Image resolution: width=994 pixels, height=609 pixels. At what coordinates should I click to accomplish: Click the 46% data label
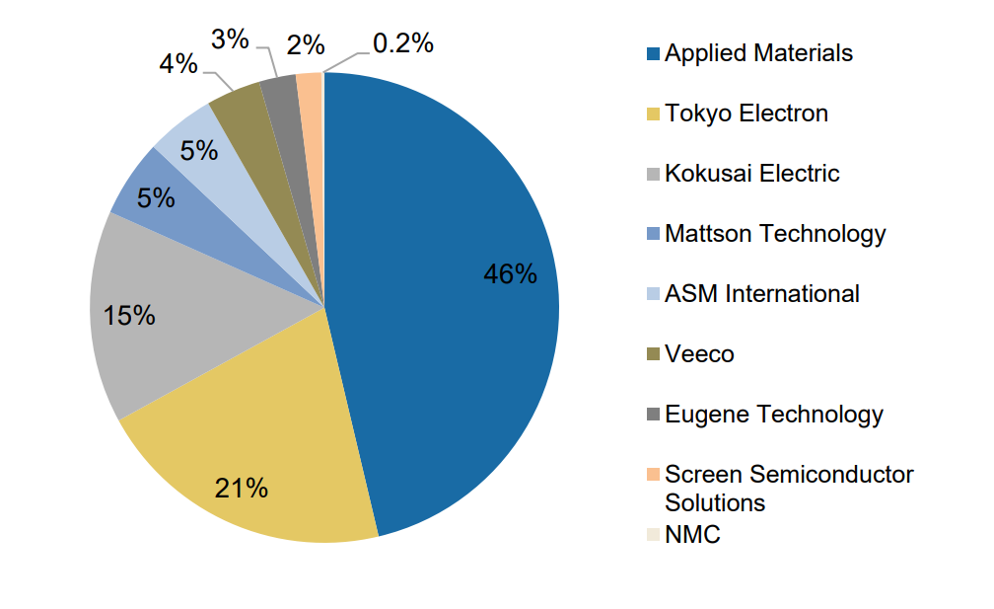tap(511, 274)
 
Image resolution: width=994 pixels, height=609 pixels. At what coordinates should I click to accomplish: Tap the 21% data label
tap(241, 488)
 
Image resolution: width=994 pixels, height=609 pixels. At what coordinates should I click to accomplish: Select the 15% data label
tap(128, 315)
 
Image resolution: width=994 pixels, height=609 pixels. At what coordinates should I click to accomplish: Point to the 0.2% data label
tap(403, 43)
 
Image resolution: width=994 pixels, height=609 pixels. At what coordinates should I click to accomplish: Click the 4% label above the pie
tap(178, 64)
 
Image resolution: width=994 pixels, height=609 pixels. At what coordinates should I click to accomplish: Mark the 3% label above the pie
tap(230, 39)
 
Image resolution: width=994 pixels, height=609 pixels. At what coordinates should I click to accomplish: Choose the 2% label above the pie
tap(306, 45)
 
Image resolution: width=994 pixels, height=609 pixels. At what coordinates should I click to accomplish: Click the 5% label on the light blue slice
tap(199, 151)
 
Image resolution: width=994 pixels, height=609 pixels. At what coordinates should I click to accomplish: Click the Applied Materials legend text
tap(759, 53)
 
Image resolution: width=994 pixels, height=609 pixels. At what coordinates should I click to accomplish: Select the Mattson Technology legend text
tap(775, 235)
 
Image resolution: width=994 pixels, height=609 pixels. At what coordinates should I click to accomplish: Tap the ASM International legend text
tap(762, 294)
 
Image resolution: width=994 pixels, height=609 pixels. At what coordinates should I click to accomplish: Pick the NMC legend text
tap(692, 535)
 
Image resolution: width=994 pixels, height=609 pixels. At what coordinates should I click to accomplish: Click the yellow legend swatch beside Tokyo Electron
tap(654, 114)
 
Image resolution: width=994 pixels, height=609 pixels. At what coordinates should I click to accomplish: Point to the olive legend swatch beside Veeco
tap(654, 354)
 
